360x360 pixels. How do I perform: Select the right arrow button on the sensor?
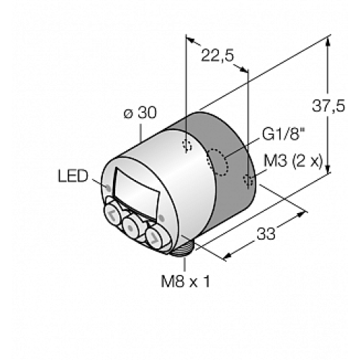tap(156, 235)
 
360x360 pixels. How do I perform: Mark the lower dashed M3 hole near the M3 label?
tap(248, 180)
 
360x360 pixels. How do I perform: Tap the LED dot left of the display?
tap(108, 189)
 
